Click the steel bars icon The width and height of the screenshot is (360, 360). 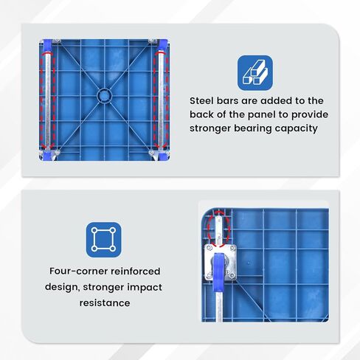click(x=255, y=73)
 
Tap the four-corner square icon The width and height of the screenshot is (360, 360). click(x=103, y=240)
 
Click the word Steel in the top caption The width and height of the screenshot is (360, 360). click(x=201, y=100)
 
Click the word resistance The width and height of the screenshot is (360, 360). click(x=105, y=303)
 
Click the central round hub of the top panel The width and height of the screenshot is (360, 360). click(x=105, y=95)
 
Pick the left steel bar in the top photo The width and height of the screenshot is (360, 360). click(x=47, y=101)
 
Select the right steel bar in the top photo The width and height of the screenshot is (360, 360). click(x=161, y=101)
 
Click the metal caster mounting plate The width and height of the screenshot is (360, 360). click(x=221, y=263)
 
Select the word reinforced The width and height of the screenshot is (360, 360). click(x=136, y=271)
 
